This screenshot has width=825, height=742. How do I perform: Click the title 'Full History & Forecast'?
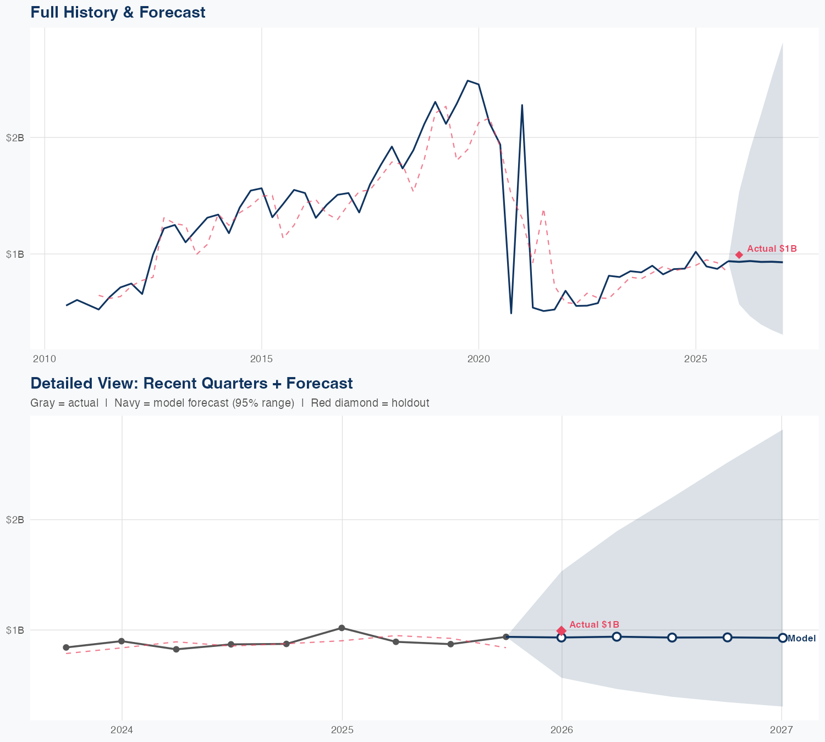click(118, 12)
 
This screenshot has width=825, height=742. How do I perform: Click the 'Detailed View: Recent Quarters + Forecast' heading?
click(191, 383)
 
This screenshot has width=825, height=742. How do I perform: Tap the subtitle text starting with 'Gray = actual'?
click(229, 403)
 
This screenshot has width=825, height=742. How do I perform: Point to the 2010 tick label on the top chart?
click(45, 359)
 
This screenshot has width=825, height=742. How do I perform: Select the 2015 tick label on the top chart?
click(261, 359)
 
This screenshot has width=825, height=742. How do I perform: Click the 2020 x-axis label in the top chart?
click(479, 359)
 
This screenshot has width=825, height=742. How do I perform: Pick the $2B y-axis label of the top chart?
click(15, 137)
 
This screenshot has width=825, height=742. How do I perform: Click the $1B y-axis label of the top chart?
click(15, 254)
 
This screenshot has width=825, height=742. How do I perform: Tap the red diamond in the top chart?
click(739, 254)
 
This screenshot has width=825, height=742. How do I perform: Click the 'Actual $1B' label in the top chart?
click(772, 249)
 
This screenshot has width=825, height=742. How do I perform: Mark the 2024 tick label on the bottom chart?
click(122, 730)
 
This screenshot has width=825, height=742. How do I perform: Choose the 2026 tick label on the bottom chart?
click(562, 730)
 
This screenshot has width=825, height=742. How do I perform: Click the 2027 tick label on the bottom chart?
click(782, 730)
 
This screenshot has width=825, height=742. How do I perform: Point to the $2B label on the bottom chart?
click(15, 520)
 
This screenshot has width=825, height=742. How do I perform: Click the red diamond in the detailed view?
click(561, 630)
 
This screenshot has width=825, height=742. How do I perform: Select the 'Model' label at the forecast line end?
click(801, 638)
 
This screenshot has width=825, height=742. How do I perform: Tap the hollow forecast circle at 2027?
click(782, 638)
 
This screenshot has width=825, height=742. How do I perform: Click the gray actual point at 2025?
click(342, 628)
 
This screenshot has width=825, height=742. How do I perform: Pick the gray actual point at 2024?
click(122, 641)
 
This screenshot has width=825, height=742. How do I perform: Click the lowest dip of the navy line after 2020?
click(511, 313)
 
